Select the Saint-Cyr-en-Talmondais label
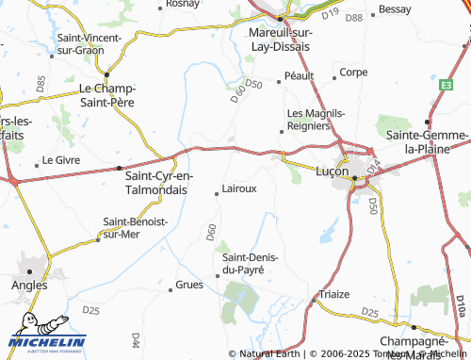click(x=159, y=182)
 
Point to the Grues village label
click(x=189, y=284)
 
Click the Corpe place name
click(x=353, y=72)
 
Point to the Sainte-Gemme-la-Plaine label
click(x=428, y=141)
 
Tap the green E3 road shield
click(x=444, y=84)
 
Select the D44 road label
click(x=137, y=337)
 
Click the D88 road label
click(x=353, y=18)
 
